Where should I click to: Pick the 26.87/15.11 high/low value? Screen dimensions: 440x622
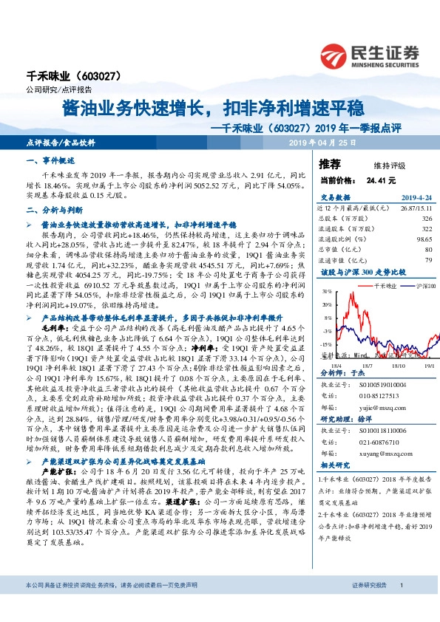(416, 209)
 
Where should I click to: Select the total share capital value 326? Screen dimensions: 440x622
(426, 219)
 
